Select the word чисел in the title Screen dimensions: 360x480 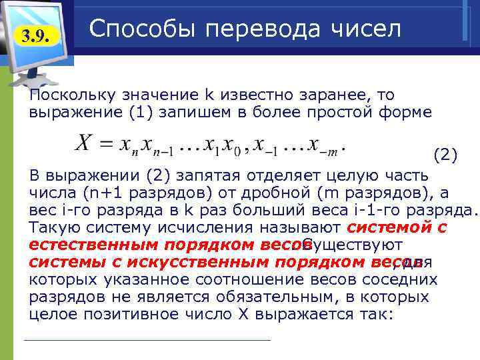[x=365, y=29]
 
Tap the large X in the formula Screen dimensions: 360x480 [x=82, y=143]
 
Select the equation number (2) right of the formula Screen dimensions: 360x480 [x=445, y=156]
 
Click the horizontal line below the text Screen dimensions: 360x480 [x=147, y=341]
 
